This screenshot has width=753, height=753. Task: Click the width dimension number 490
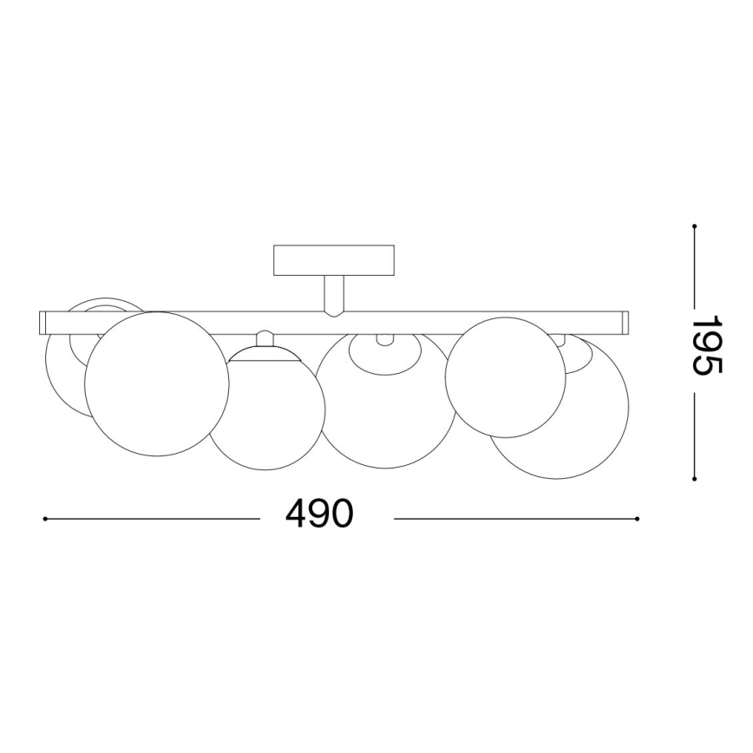click(x=319, y=514)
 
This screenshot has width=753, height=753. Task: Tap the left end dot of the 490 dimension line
click(x=44, y=520)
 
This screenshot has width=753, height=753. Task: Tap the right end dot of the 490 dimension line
click(x=638, y=520)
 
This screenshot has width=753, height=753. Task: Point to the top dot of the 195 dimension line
click(x=695, y=226)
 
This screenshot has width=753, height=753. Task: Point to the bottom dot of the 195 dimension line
click(x=695, y=478)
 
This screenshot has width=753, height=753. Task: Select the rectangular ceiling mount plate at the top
click(x=334, y=260)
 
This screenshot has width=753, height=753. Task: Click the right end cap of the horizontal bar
click(x=626, y=323)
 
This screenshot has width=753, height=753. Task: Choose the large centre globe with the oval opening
click(x=386, y=408)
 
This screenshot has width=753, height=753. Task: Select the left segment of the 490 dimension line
click(x=152, y=520)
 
